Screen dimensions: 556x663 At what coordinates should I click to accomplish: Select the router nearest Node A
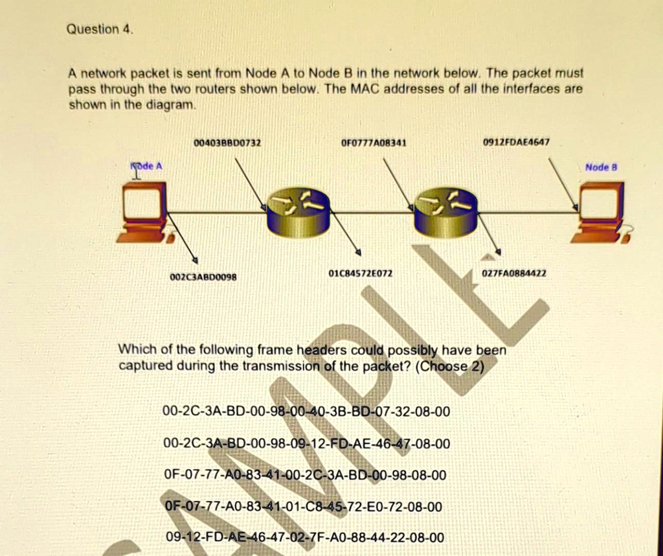click(x=298, y=211)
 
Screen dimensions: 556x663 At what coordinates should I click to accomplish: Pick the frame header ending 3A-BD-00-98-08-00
click(x=305, y=475)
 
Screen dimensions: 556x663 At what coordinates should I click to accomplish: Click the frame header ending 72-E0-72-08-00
click(x=304, y=506)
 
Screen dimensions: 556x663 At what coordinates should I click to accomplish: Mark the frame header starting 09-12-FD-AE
click(x=305, y=537)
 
